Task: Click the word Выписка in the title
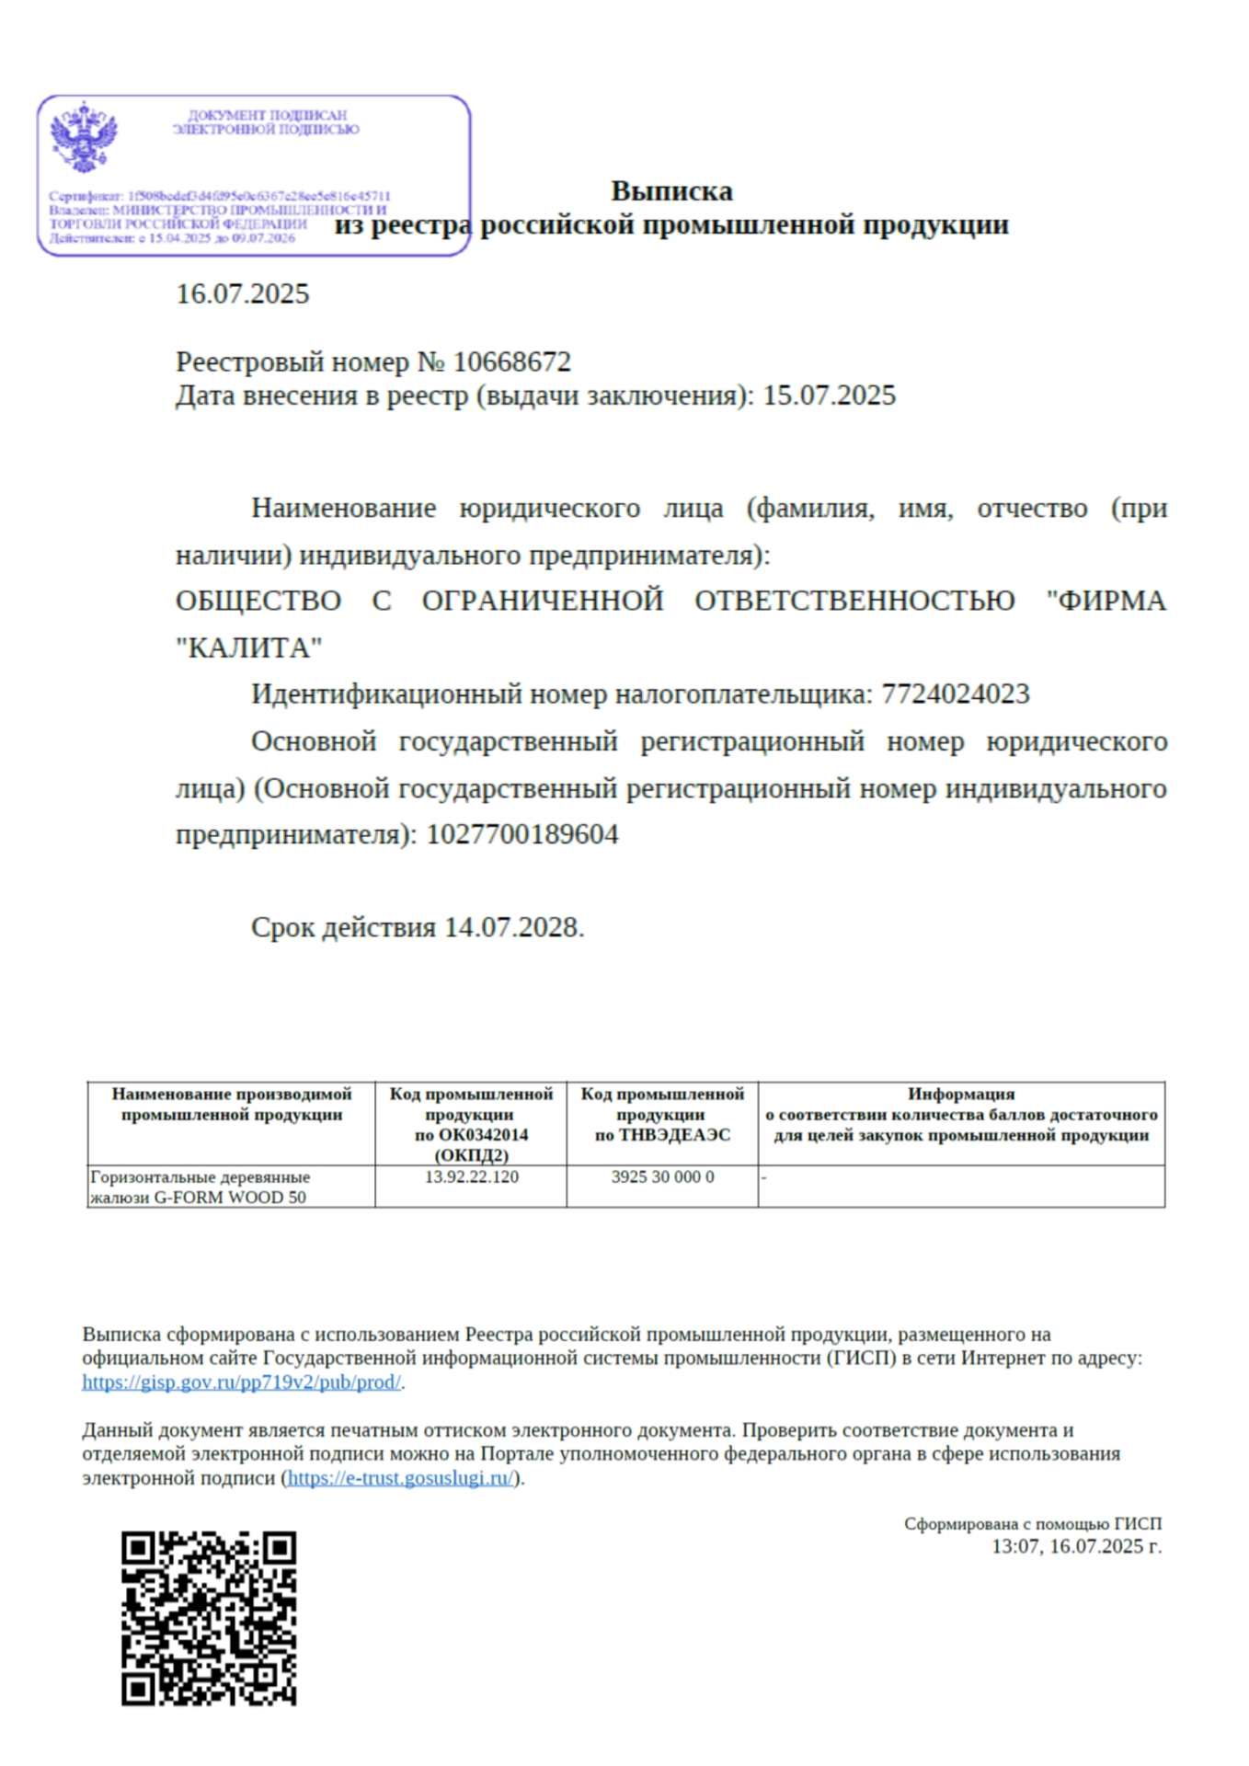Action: (671, 191)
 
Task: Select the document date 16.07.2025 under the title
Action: (243, 294)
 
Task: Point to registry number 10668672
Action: (512, 361)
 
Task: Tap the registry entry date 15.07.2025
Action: (829, 396)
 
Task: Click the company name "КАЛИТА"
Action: (249, 648)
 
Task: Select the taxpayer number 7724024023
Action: (956, 694)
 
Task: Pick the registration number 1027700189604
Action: (522, 835)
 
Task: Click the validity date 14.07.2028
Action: (512, 927)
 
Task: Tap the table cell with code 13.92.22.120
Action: (471, 1177)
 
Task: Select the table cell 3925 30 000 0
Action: (662, 1177)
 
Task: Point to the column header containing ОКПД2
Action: (471, 1124)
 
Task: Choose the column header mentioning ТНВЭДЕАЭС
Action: (662, 1114)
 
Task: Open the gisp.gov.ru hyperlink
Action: (241, 1382)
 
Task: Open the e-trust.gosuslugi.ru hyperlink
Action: (401, 1478)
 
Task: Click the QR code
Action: (209, 1619)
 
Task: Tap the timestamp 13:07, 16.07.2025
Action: (1075, 1547)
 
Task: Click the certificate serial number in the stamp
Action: (258, 196)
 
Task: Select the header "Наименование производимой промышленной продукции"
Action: (232, 1104)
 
